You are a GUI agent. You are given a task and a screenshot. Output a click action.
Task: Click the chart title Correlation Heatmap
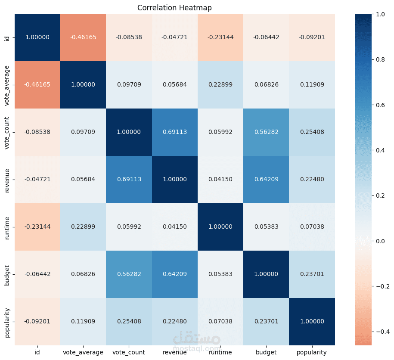(x=174, y=8)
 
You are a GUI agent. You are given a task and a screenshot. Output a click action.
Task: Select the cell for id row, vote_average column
(x=83, y=37)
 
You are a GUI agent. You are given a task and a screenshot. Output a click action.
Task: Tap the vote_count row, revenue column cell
(x=174, y=132)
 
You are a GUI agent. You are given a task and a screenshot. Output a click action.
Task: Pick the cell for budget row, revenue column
(x=174, y=274)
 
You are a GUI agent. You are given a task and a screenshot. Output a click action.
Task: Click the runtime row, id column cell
(x=37, y=227)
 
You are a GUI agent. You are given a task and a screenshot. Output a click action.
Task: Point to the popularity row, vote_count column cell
(x=129, y=322)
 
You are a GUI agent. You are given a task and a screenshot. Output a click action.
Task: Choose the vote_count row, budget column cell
(x=266, y=132)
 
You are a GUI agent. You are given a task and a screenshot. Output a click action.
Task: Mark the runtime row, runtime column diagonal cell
(x=220, y=227)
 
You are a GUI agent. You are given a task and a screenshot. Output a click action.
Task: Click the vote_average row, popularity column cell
(x=311, y=85)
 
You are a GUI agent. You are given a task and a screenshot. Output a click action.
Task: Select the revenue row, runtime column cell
(x=220, y=180)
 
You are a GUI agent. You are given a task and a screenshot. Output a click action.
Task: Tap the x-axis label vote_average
(x=83, y=352)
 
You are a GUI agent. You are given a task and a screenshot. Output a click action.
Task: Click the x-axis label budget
(x=266, y=352)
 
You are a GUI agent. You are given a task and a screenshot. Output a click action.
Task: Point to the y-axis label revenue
(x=6, y=180)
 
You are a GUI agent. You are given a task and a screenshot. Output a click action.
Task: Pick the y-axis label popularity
(x=6, y=322)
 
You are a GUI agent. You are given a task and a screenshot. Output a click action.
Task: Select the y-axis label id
(x=6, y=37)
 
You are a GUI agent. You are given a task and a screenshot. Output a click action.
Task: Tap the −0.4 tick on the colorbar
(x=378, y=332)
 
